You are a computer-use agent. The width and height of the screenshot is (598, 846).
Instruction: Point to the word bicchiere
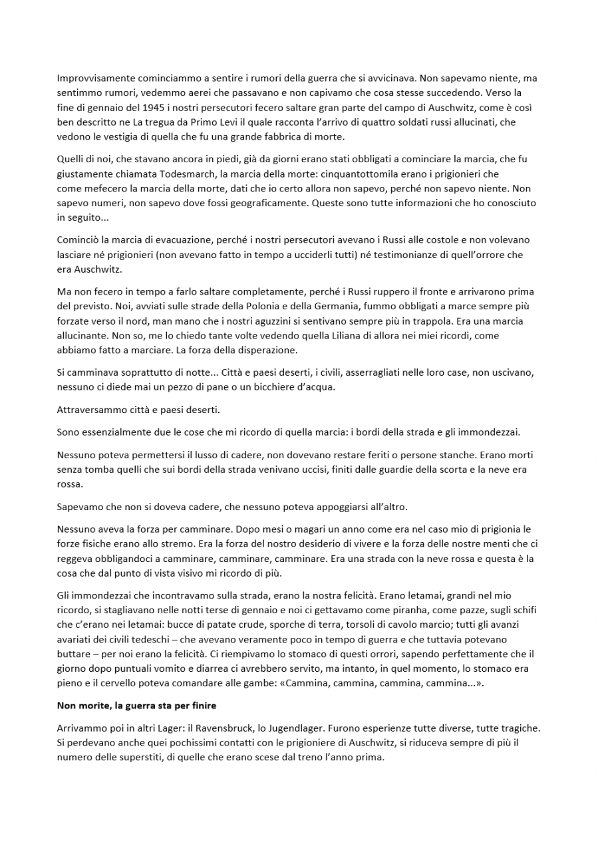click(271, 387)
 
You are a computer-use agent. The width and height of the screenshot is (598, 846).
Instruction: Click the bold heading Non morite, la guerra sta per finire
click(136, 706)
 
